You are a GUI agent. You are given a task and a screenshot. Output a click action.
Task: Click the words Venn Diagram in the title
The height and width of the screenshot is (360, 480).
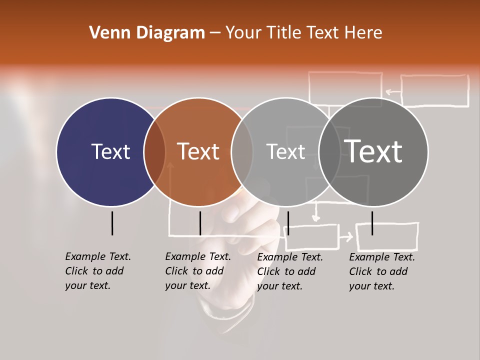point(147,33)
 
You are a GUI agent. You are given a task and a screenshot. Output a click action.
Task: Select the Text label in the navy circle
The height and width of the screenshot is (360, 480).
point(110,151)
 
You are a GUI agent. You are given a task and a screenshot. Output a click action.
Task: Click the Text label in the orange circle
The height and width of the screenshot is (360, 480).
point(198,151)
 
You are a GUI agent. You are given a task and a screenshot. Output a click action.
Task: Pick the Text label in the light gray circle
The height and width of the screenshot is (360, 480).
point(285,151)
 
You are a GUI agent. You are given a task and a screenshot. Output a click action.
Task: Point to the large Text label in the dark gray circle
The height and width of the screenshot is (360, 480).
point(373,151)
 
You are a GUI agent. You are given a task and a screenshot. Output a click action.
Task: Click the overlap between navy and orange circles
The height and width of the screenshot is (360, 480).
point(154,152)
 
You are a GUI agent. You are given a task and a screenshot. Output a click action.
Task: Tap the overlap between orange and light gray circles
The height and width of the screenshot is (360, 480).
point(242,152)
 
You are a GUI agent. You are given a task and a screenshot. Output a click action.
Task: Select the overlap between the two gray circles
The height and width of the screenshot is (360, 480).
point(329,152)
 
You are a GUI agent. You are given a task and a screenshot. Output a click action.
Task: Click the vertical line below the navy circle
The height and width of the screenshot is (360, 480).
point(112,223)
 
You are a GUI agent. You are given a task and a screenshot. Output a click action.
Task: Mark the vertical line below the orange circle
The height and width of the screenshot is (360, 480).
point(200,223)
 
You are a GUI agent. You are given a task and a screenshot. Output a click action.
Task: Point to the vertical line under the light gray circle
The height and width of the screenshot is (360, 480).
point(288,223)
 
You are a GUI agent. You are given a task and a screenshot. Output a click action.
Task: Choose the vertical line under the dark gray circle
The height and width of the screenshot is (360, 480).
point(372,223)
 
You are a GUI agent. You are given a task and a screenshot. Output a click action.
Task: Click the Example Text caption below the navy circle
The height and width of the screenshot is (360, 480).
point(98,271)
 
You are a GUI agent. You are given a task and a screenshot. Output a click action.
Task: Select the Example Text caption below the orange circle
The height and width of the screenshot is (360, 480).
point(198,271)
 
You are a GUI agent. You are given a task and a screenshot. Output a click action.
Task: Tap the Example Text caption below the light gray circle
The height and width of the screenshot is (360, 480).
point(290,271)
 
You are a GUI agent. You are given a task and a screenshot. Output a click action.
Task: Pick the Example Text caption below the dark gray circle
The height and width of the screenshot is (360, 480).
point(382,271)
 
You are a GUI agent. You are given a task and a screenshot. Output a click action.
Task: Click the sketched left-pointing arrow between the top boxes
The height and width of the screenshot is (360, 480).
point(392,91)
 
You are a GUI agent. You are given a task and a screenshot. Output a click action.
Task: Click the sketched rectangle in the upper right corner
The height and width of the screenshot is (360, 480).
point(434,90)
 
